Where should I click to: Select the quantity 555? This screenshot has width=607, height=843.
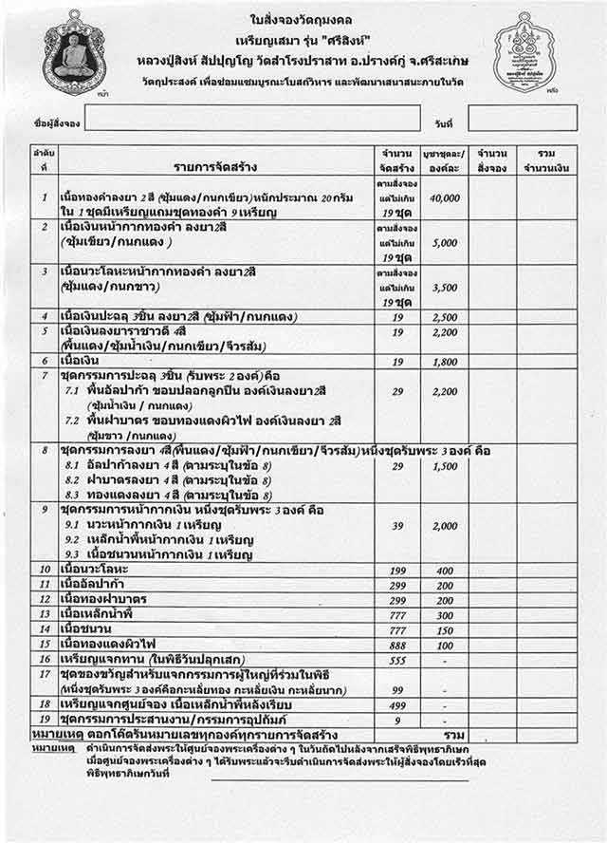pyautogui.click(x=397, y=660)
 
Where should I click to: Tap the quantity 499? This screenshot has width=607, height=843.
pyautogui.click(x=397, y=704)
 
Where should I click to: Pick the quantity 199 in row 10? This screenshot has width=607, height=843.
pyautogui.click(x=397, y=569)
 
